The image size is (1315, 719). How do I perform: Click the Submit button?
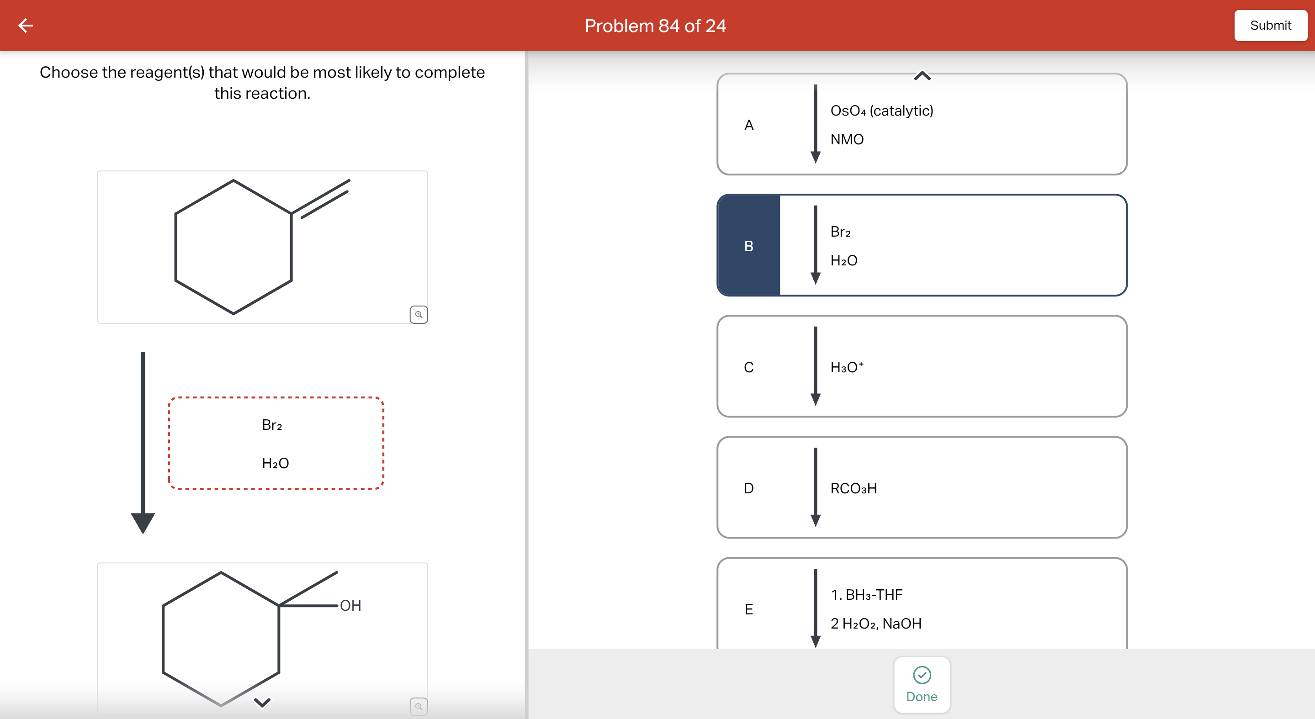click(1270, 26)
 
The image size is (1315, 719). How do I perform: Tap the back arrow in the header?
click(26, 26)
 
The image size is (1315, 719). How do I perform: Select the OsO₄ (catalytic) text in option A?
click(881, 111)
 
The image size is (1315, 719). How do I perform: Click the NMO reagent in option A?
click(847, 139)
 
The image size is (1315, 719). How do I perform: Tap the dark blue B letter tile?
click(748, 246)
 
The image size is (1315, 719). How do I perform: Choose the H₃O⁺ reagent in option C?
click(847, 367)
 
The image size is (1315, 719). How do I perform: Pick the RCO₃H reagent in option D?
click(854, 488)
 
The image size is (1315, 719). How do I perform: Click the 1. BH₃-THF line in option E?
click(866, 594)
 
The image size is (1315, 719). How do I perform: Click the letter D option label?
click(748, 488)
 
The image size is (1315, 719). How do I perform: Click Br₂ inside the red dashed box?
click(271, 425)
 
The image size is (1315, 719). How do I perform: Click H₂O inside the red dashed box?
click(275, 463)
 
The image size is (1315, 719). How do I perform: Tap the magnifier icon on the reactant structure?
click(419, 314)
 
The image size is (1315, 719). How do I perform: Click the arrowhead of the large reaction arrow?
click(143, 523)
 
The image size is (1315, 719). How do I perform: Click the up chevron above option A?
click(922, 76)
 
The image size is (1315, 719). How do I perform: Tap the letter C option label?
click(748, 367)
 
